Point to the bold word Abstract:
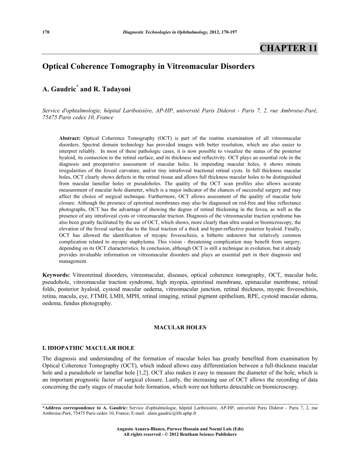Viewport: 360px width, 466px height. (70, 132)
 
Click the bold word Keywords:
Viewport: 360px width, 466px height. (56, 275)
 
